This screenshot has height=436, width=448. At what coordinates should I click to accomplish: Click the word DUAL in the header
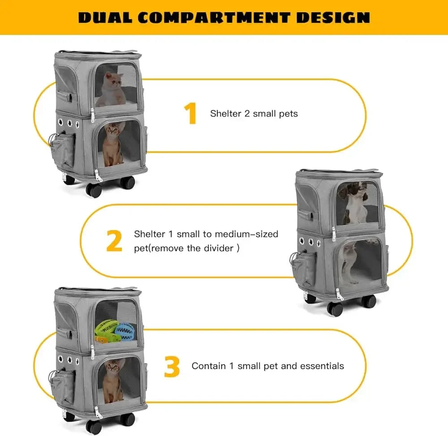pyautogui.click(x=105, y=17)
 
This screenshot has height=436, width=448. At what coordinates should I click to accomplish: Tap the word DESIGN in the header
pyautogui.click(x=333, y=17)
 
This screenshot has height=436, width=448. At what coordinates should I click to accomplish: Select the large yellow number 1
pyautogui.click(x=190, y=113)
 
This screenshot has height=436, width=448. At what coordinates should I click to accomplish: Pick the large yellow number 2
pyautogui.click(x=114, y=241)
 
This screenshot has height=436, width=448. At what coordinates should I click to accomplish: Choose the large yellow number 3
pyautogui.click(x=172, y=366)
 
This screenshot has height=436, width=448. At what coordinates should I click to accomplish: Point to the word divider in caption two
pyautogui.click(x=219, y=248)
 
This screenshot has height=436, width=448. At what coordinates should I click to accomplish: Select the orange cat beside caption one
pyautogui.click(x=113, y=144)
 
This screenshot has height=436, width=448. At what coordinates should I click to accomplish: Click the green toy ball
pyautogui.click(x=107, y=328)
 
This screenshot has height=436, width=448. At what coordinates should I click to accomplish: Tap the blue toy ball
pyautogui.click(x=124, y=332)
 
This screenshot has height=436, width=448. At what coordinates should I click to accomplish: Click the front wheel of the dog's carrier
pyautogui.click(x=335, y=309)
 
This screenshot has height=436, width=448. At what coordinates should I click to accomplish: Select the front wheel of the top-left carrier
pyautogui.click(x=94, y=190)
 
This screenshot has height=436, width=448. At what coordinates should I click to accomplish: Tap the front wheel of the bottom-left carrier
pyautogui.click(x=94, y=427)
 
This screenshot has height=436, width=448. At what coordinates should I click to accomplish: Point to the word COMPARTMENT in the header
pyautogui.click(x=214, y=17)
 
